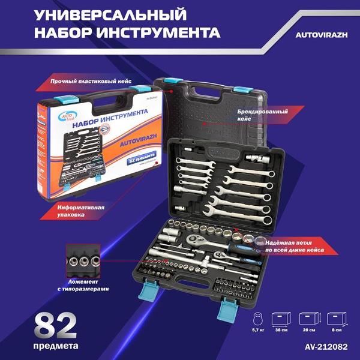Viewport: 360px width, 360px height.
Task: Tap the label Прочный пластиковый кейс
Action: (x=96, y=80)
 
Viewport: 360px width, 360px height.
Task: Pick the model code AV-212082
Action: (x=325, y=347)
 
